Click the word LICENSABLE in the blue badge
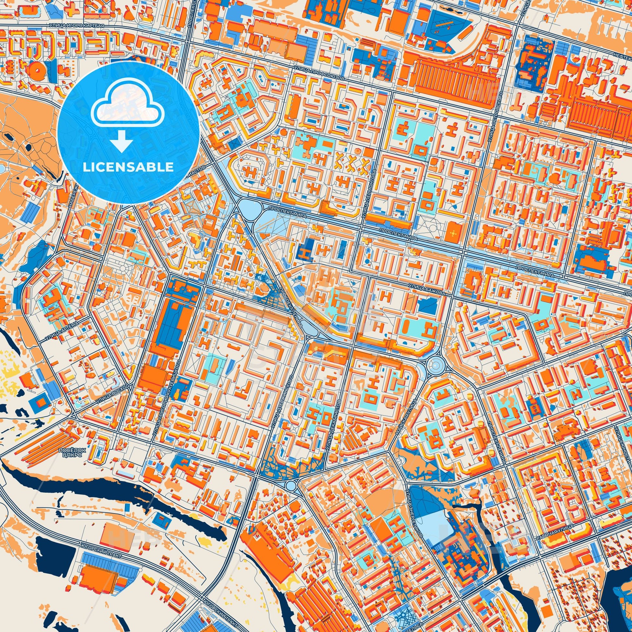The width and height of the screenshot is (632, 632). tap(128, 167)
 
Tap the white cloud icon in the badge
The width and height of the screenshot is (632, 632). tap(128, 109)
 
